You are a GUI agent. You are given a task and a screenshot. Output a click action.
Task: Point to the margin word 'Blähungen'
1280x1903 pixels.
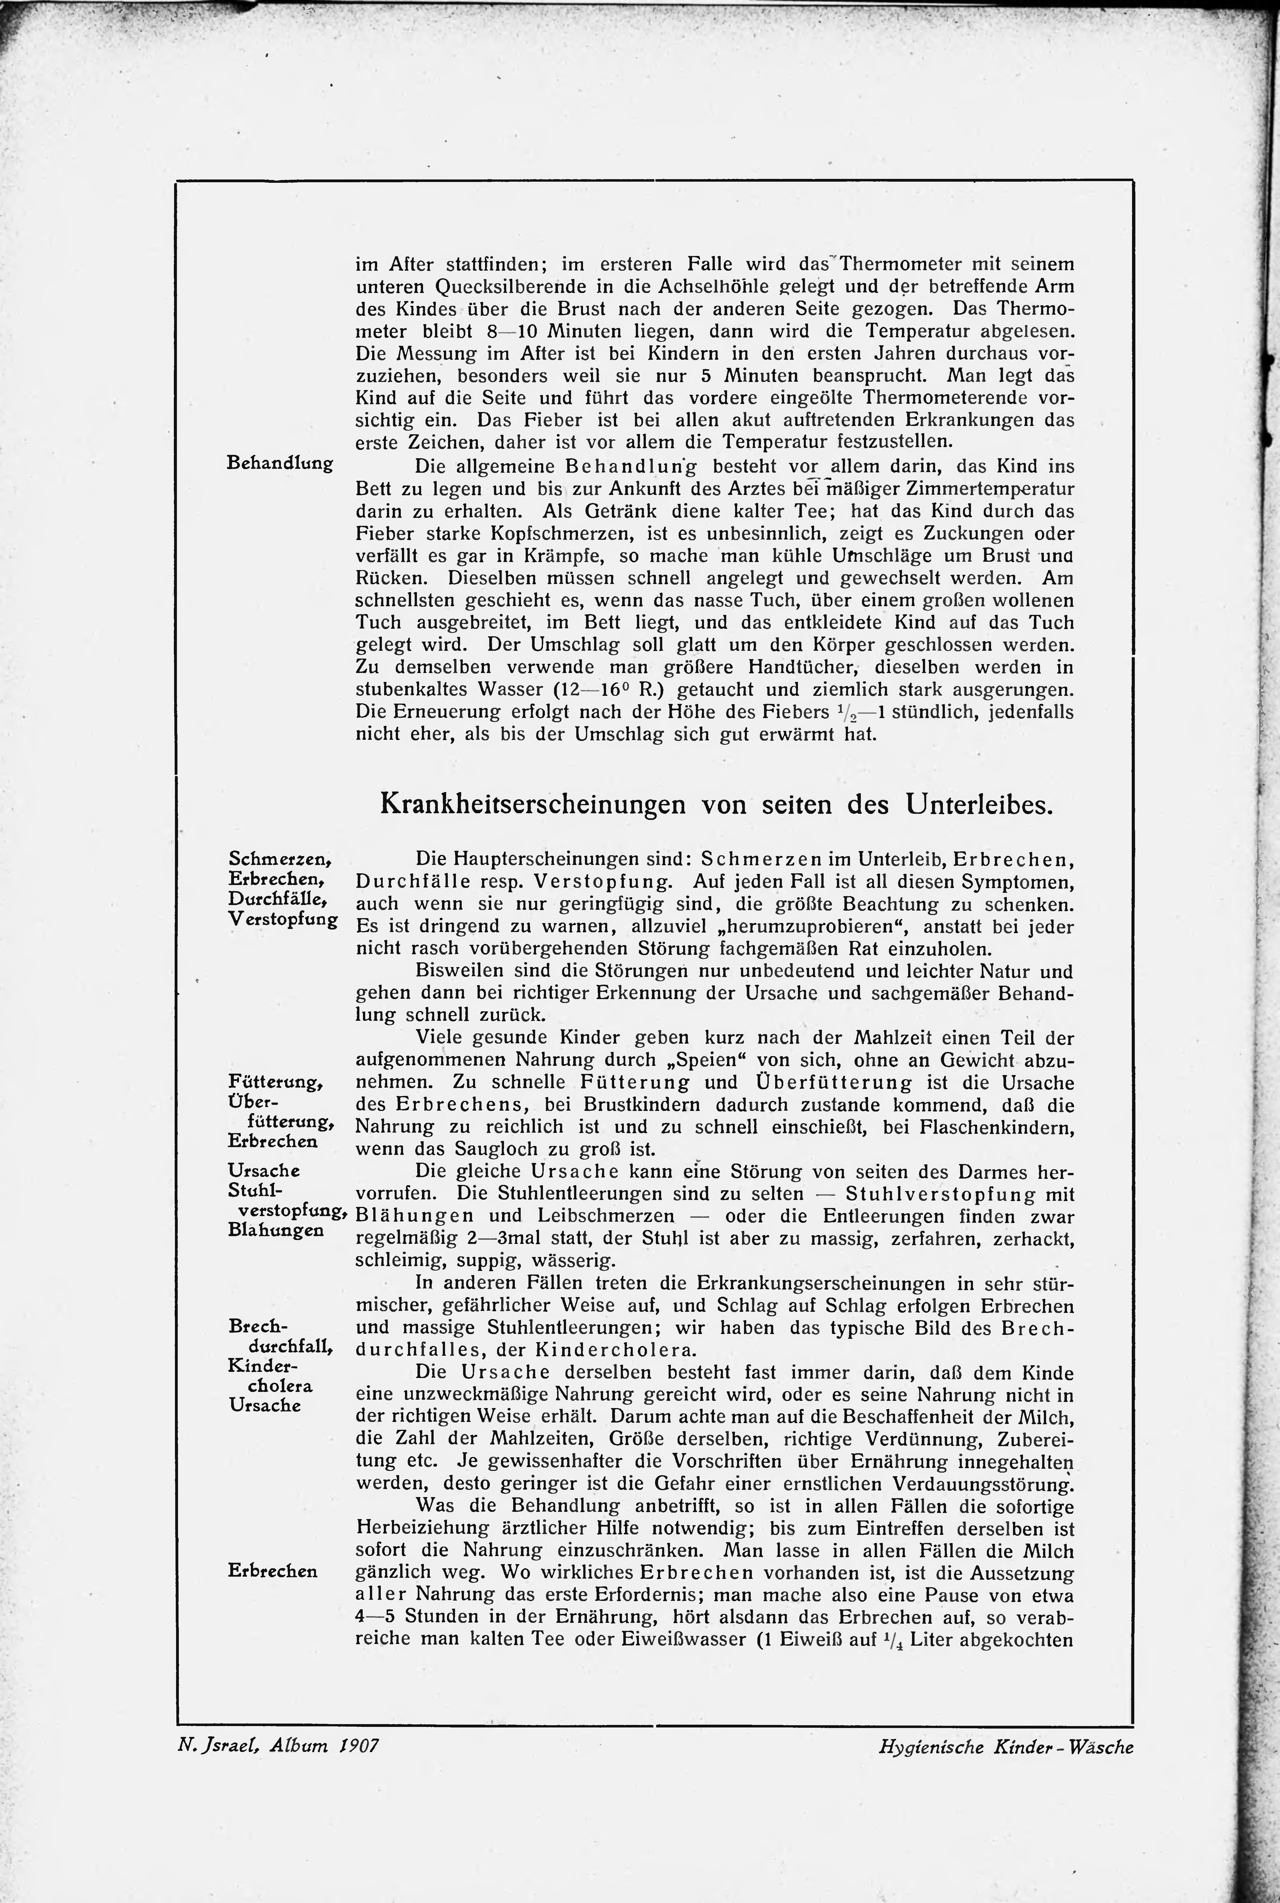click(x=276, y=1229)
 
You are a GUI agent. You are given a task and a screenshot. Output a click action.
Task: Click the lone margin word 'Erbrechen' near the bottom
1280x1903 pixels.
click(x=273, y=1571)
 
